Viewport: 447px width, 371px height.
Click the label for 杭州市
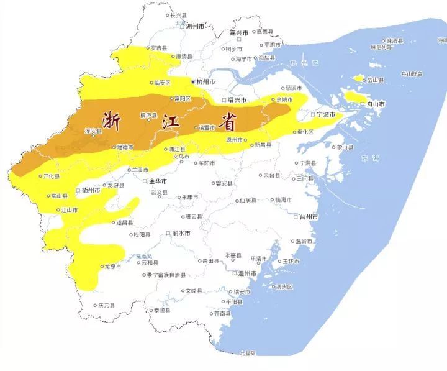click(206, 81)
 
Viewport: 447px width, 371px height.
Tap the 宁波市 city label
click(326, 115)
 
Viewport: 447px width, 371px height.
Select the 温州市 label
click(247, 273)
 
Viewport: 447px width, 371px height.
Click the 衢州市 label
click(91, 190)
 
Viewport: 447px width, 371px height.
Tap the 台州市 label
click(308, 218)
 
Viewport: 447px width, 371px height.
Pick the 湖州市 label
click(194, 26)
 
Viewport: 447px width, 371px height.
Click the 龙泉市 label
click(112, 267)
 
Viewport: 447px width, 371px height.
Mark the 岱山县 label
click(375, 80)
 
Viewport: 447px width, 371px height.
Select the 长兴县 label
click(178, 15)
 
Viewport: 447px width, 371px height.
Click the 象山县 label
click(345, 147)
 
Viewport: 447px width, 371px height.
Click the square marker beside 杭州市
click(192, 81)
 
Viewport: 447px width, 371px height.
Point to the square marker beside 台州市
click(296, 218)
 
